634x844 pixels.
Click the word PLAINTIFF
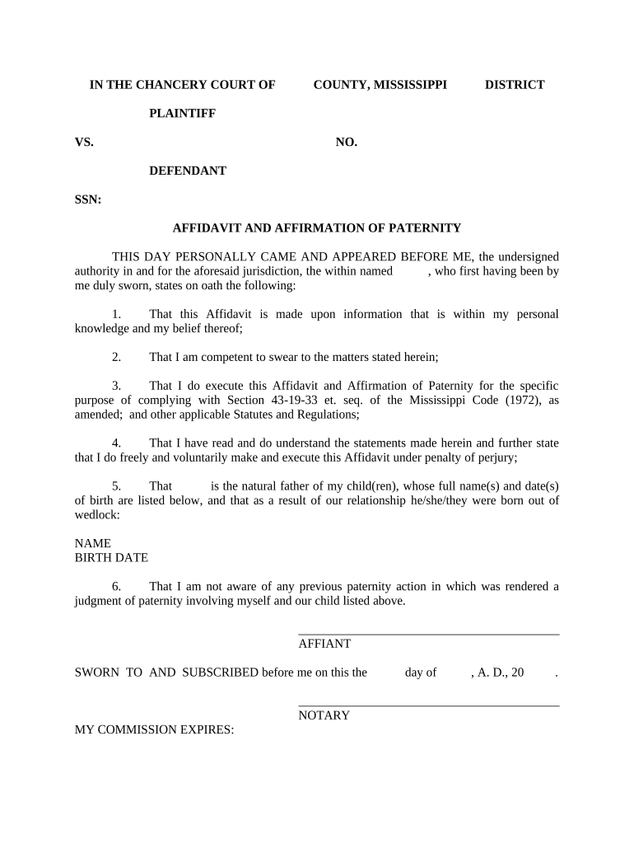point(182,114)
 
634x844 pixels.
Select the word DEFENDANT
point(187,171)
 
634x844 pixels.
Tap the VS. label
point(84,143)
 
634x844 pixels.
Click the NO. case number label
point(346,143)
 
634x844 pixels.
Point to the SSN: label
point(88,199)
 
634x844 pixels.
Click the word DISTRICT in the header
point(514,85)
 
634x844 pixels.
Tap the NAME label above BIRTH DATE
point(92,543)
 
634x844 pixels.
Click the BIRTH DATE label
point(111,558)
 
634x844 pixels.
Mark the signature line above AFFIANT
point(428,634)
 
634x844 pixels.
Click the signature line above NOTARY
point(428,706)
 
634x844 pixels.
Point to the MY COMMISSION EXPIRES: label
point(155,730)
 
